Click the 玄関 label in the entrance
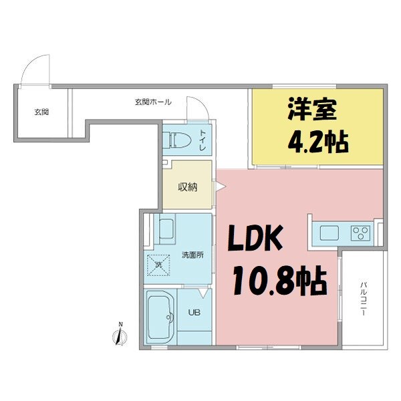[x=41, y=112]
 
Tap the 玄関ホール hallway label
[x=153, y=102]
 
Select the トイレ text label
[x=203, y=142]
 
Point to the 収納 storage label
[x=187, y=187]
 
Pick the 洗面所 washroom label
[x=192, y=255]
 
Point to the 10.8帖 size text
[x=279, y=282]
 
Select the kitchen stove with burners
[x=361, y=233]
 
